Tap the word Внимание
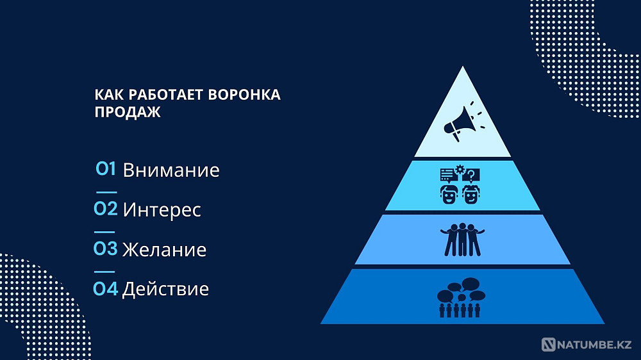point(171,170)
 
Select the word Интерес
point(162,209)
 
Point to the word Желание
point(165,249)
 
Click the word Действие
point(165,289)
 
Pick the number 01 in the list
point(106,169)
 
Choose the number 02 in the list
point(106,209)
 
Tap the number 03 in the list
point(106,249)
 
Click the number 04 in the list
point(106,288)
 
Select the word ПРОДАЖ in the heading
point(128,112)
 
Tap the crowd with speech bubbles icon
point(461,297)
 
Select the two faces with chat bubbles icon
point(460,186)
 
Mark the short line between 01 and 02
point(106,192)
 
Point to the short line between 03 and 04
point(106,272)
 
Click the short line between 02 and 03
point(106,231)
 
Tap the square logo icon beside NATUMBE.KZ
point(549,345)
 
